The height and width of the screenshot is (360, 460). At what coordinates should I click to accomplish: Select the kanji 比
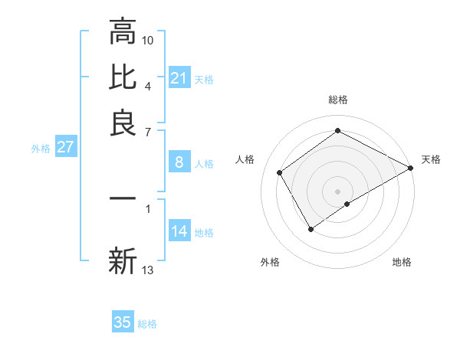[123, 77]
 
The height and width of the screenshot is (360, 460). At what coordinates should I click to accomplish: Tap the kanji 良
[123, 123]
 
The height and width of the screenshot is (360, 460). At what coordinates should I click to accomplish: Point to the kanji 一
[123, 198]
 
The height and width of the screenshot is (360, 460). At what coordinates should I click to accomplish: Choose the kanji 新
[123, 261]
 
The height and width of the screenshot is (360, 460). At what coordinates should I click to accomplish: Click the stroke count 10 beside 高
[148, 40]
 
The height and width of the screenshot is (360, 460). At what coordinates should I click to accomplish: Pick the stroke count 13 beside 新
[148, 270]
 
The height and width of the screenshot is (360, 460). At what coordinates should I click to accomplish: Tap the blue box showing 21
[179, 78]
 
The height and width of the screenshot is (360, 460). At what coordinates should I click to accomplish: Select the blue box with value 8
[179, 162]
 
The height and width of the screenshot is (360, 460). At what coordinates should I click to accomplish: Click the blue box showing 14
[179, 231]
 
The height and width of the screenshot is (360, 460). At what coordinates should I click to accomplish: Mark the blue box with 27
[65, 147]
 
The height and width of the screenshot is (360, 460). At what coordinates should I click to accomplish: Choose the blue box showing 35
[123, 322]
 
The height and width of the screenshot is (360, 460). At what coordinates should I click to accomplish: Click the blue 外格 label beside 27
[40, 149]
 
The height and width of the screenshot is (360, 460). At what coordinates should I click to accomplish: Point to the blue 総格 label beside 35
[147, 324]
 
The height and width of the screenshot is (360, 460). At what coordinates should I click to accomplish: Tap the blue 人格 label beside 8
[204, 164]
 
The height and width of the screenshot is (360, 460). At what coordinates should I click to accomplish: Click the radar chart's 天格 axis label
[431, 159]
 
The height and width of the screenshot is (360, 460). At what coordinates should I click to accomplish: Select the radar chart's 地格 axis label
[402, 263]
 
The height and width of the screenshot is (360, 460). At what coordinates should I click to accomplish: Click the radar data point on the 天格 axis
[411, 168]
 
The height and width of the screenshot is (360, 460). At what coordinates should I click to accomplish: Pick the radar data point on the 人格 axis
[280, 173]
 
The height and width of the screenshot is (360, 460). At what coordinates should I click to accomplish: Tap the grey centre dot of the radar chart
[338, 191]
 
